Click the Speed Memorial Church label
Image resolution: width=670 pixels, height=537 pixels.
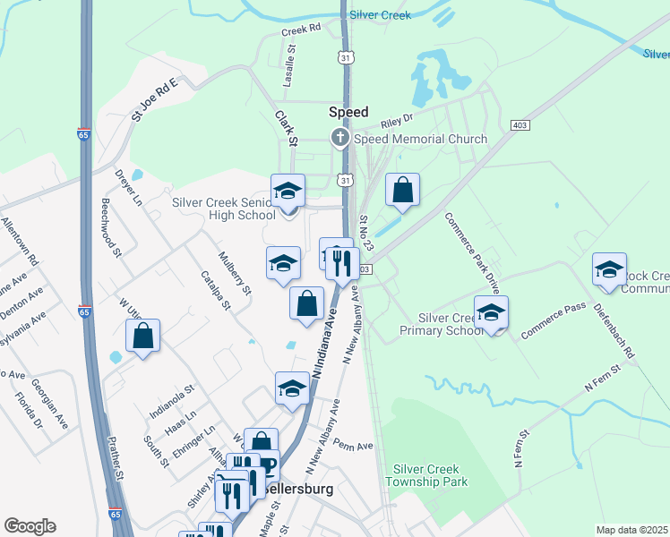420,139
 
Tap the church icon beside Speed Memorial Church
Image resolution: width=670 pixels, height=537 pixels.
339,138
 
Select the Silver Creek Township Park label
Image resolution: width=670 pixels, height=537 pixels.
426,475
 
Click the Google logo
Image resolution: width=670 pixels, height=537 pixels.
30,526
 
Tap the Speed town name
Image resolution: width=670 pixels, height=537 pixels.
348,112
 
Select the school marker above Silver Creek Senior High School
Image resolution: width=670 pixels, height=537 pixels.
288,191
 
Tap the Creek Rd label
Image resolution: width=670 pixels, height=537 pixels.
301,30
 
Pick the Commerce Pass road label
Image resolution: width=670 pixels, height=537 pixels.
554,320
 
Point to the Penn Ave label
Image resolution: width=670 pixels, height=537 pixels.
351,443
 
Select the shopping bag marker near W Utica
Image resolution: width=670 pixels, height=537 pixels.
142,337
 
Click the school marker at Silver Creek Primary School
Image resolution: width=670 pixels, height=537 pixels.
491,313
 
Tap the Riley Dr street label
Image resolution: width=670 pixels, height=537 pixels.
396,120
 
